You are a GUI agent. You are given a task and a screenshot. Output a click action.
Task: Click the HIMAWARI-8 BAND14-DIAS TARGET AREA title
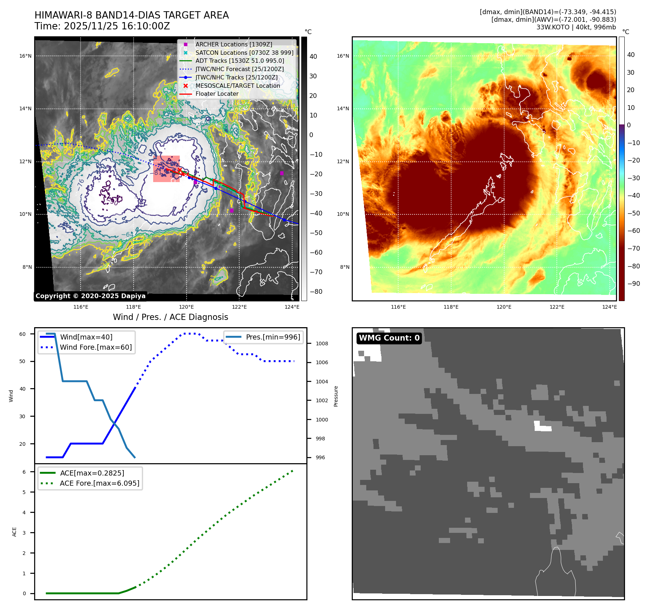[131, 15]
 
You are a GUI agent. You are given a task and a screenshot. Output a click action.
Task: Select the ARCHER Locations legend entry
[233, 44]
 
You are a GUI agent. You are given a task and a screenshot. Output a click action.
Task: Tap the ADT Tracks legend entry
[240, 61]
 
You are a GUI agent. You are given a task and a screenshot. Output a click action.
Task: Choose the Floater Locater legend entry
[217, 94]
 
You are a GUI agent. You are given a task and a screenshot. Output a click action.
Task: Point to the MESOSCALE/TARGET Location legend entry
[237, 86]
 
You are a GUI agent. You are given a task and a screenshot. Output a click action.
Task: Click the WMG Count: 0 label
[389, 338]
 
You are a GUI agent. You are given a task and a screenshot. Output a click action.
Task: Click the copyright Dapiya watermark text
[90, 296]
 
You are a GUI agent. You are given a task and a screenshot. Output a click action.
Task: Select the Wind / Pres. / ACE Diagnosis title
[170, 317]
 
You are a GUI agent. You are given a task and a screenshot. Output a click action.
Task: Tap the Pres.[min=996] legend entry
[273, 337]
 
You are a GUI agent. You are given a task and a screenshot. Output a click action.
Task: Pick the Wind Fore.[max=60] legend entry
[96, 347]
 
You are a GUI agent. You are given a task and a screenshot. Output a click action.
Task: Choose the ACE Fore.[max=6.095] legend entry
[99, 483]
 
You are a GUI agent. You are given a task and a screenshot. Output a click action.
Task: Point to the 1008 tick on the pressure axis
[322, 343]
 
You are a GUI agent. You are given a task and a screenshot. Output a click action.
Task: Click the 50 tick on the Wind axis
[23, 361]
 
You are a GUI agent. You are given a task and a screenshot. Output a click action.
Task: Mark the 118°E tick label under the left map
[134, 307]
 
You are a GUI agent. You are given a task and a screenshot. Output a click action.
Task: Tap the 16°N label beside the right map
[343, 56]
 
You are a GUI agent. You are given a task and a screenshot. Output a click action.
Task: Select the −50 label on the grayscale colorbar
[316, 233]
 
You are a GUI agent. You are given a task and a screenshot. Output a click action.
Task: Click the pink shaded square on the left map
[166, 169]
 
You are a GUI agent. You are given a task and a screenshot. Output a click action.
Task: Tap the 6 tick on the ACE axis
[24, 472]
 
